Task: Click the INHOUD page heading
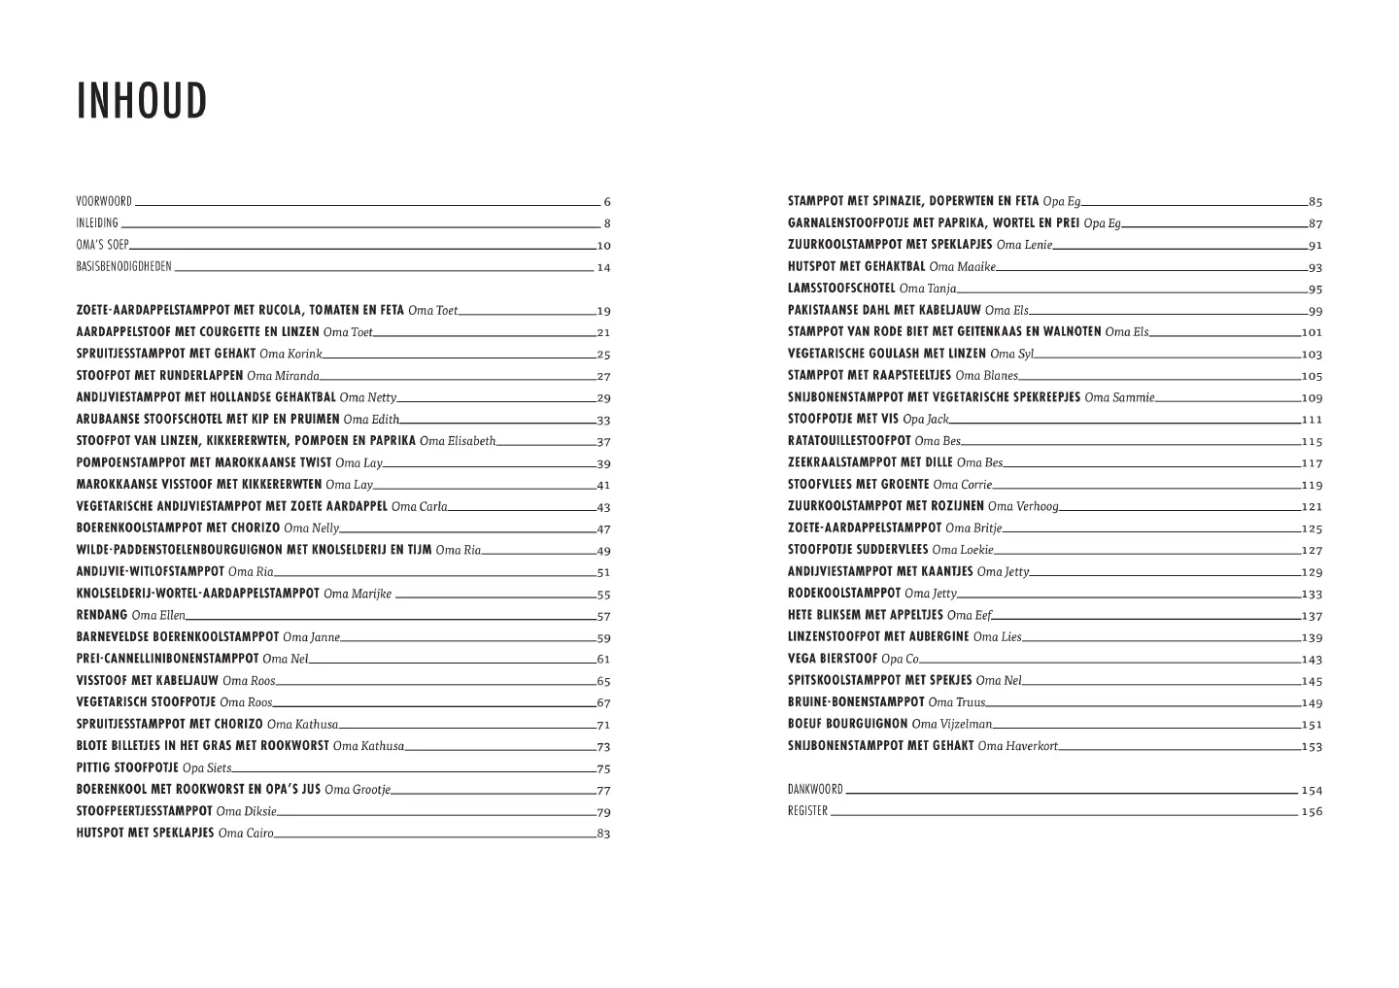coord(142,102)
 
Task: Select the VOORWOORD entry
coord(104,202)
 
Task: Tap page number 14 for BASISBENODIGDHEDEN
coord(603,268)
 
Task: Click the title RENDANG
coord(102,616)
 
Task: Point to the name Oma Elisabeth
coord(458,441)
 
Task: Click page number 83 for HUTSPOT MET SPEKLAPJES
coord(603,834)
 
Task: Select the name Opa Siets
coord(207,768)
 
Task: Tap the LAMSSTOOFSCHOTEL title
coord(841,289)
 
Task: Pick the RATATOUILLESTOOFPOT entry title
coord(849,441)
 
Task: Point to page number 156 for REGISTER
coord(1312,812)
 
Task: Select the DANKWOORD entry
coord(815,790)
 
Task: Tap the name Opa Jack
coord(925,420)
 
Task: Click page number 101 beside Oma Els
coord(1312,332)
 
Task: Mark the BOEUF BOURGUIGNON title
coord(848,725)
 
